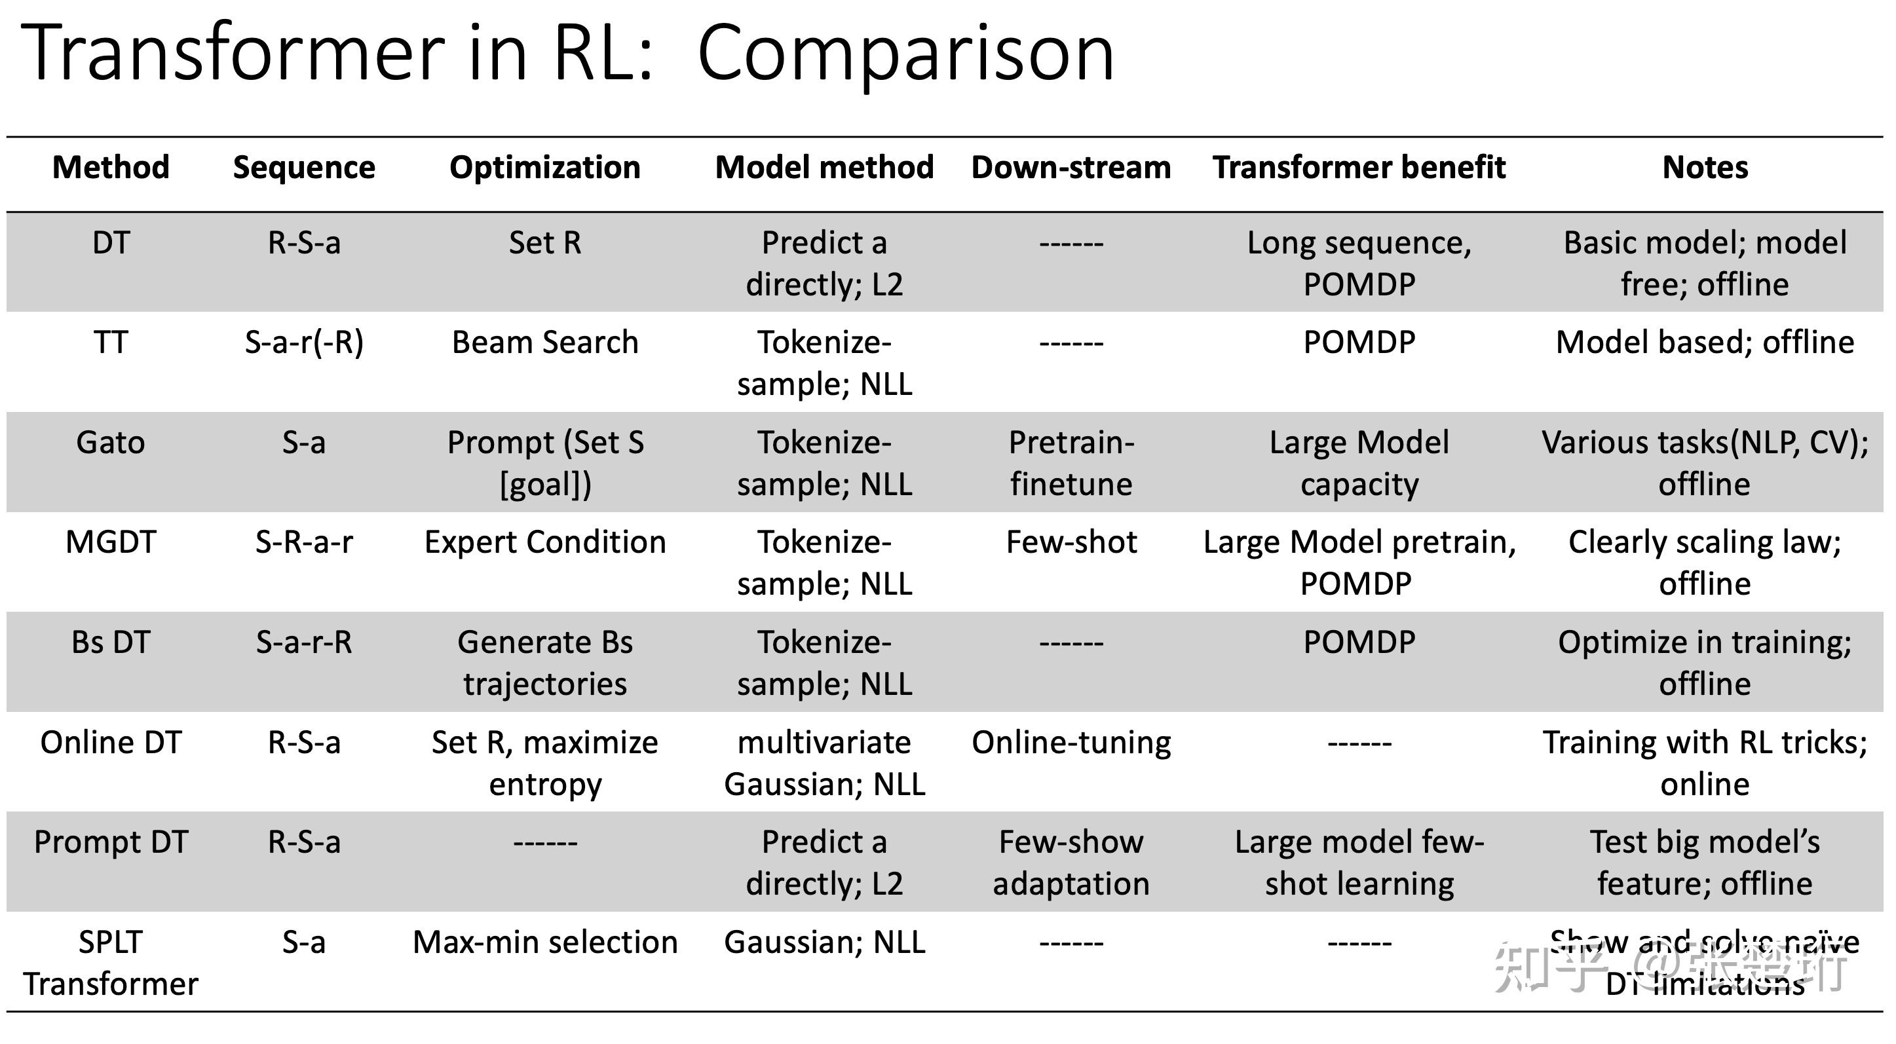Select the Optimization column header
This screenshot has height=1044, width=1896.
click(544, 168)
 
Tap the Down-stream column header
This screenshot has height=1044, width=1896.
click(1071, 168)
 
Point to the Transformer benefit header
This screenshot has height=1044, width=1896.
click(1359, 168)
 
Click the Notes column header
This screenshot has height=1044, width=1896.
click(1705, 168)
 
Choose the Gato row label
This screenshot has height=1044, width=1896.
click(111, 443)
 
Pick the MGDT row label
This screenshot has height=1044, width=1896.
click(111, 542)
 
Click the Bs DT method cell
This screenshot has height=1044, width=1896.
click(111, 643)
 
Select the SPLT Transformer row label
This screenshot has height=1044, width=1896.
click(111, 962)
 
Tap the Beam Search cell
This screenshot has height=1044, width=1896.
click(544, 343)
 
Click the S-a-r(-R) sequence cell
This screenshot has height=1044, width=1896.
click(304, 343)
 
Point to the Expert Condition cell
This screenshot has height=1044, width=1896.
click(544, 542)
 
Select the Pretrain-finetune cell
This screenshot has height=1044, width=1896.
click(1071, 464)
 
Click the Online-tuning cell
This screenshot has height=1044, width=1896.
click(1071, 742)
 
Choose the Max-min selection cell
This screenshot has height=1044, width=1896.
click(544, 942)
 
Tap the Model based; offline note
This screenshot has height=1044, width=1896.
click(1705, 343)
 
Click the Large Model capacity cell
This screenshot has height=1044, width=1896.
click(1359, 464)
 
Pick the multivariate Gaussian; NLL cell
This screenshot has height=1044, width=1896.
click(824, 763)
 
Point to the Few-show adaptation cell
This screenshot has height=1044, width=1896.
click(1071, 863)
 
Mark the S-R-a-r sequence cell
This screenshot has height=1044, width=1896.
click(304, 542)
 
